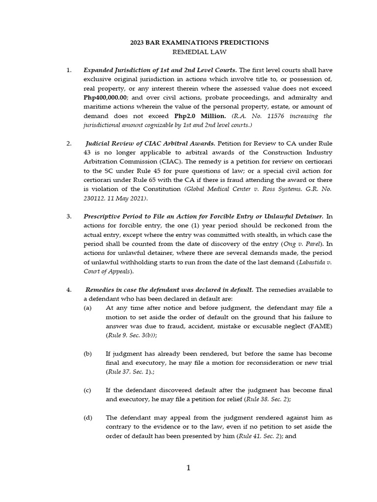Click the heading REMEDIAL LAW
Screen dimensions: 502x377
(199, 51)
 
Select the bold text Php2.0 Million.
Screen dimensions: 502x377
(200, 116)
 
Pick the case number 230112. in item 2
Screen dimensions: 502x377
(99, 199)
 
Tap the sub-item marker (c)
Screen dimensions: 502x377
(87, 390)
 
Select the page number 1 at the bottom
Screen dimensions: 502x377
(188, 468)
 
